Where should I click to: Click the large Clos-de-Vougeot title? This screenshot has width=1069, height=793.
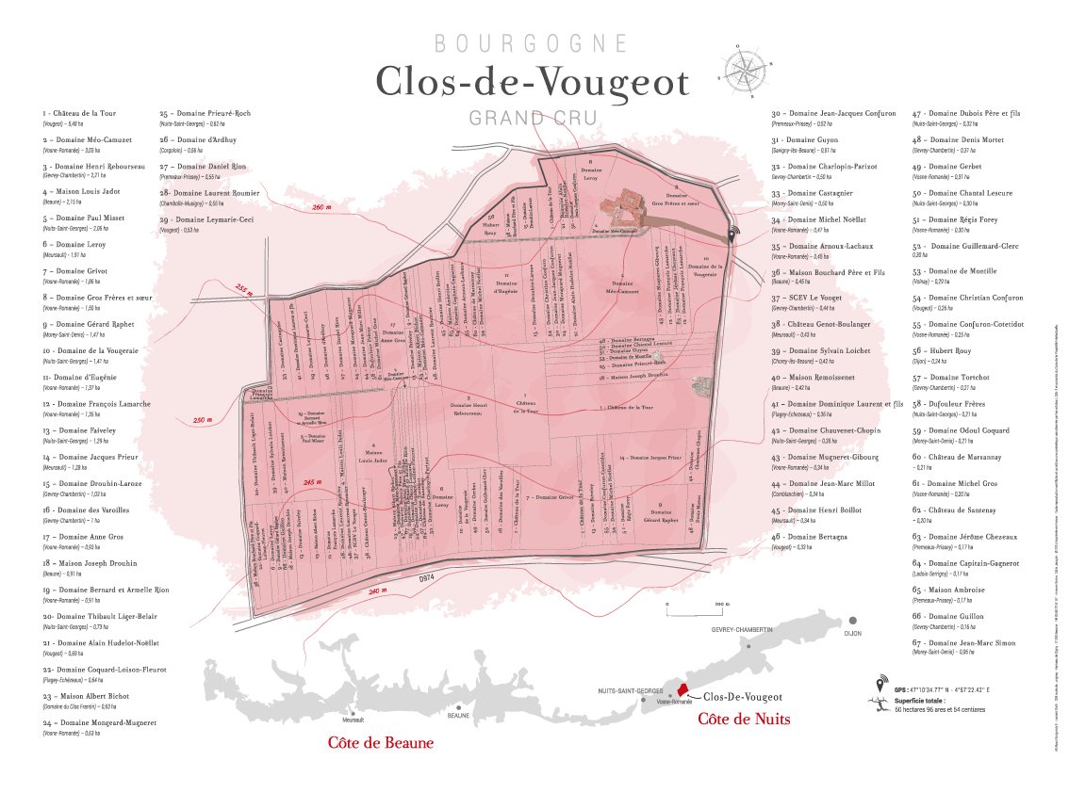[533, 83]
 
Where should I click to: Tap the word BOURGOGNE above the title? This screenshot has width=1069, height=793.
[532, 43]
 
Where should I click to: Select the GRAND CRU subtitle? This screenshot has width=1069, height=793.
[532, 119]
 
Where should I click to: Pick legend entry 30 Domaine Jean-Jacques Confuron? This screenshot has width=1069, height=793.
[829, 113]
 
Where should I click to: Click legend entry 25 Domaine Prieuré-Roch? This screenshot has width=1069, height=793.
[205, 113]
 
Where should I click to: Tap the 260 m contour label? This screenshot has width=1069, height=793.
[321, 206]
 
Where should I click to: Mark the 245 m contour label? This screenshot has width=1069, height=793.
[314, 481]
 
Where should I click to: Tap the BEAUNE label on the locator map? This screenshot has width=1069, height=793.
[458, 716]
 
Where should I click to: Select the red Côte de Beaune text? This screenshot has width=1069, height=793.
[381, 743]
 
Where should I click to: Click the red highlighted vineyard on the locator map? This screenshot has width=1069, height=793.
[684, 691]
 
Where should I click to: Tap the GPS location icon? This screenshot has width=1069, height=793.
[881, 684]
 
